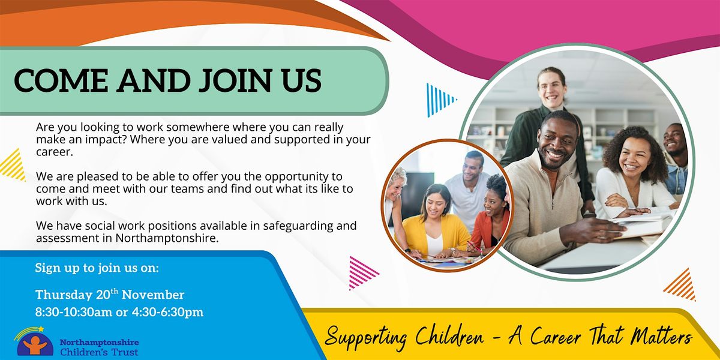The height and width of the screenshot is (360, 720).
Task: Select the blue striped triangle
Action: pos(438,100)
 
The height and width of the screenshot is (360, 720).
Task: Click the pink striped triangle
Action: pos(361,273)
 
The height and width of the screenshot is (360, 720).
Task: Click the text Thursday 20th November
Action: pos(110,295)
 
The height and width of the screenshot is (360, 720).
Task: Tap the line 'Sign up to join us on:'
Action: pos(97,268)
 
